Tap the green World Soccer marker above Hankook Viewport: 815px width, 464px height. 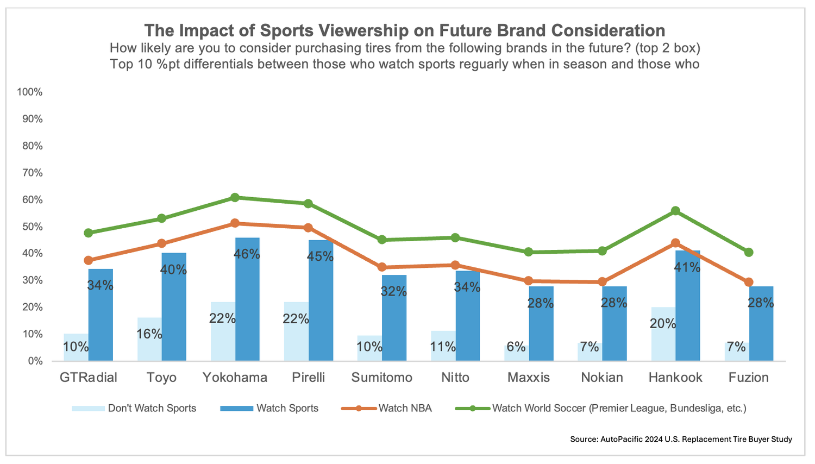coord(675,211)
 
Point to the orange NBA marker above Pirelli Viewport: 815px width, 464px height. coord(308,228)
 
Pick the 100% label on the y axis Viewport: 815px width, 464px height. coord(30,92)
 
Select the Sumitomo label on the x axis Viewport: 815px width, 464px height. coord(381,378)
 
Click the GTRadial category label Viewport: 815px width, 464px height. coord(88,378)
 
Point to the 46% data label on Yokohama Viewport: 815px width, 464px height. coord(247,254)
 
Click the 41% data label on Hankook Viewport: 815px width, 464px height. coord(687,267)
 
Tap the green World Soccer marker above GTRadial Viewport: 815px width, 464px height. coord(88,233)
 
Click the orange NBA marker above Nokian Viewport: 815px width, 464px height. coord(602,282)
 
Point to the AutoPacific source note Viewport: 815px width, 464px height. coord(681,439)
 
